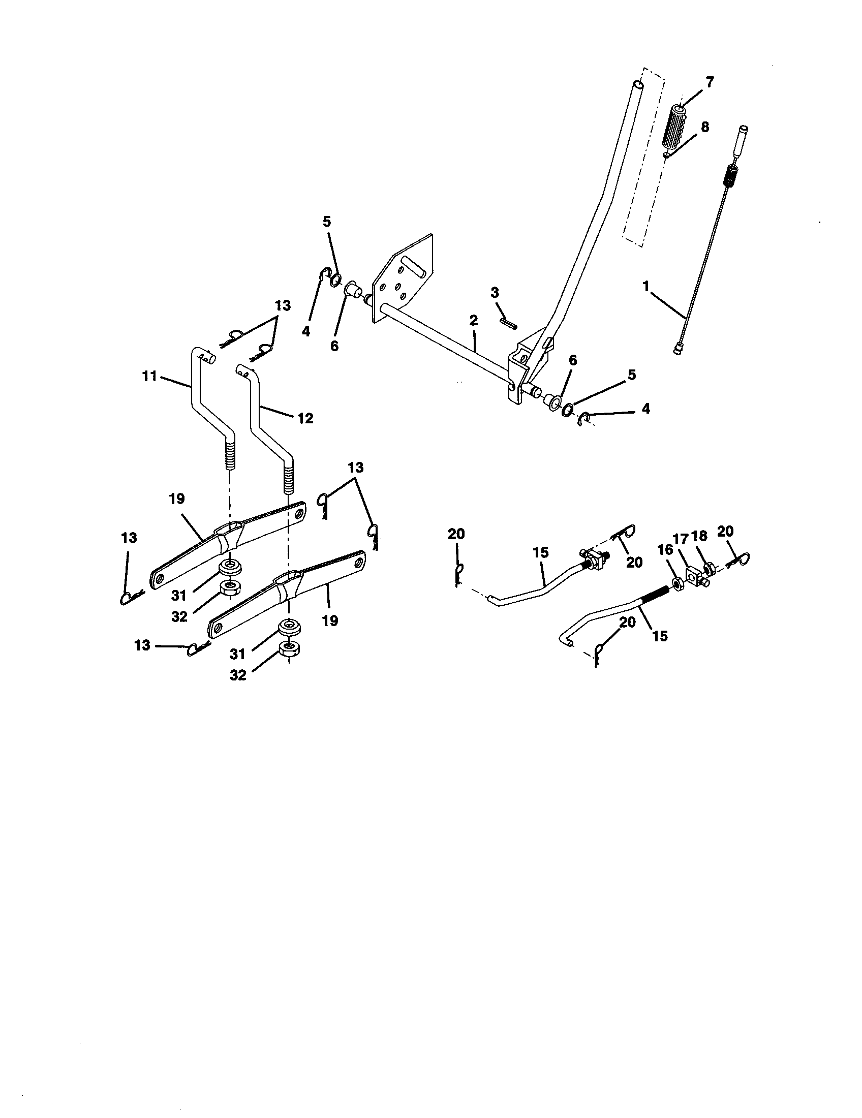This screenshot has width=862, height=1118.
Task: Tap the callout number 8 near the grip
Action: point(705,127)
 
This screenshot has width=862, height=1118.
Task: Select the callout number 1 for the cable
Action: point(646,286)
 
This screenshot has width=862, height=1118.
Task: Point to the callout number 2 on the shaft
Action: point(473,321)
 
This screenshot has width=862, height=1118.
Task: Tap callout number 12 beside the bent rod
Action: point(305,418)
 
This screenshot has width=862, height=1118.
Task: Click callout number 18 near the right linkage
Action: point(699,536)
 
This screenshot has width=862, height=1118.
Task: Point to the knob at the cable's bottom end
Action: point(678,350)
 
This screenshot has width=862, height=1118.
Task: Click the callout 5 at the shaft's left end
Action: point(327,221)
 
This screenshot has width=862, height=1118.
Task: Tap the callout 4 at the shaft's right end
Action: point(645,409)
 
